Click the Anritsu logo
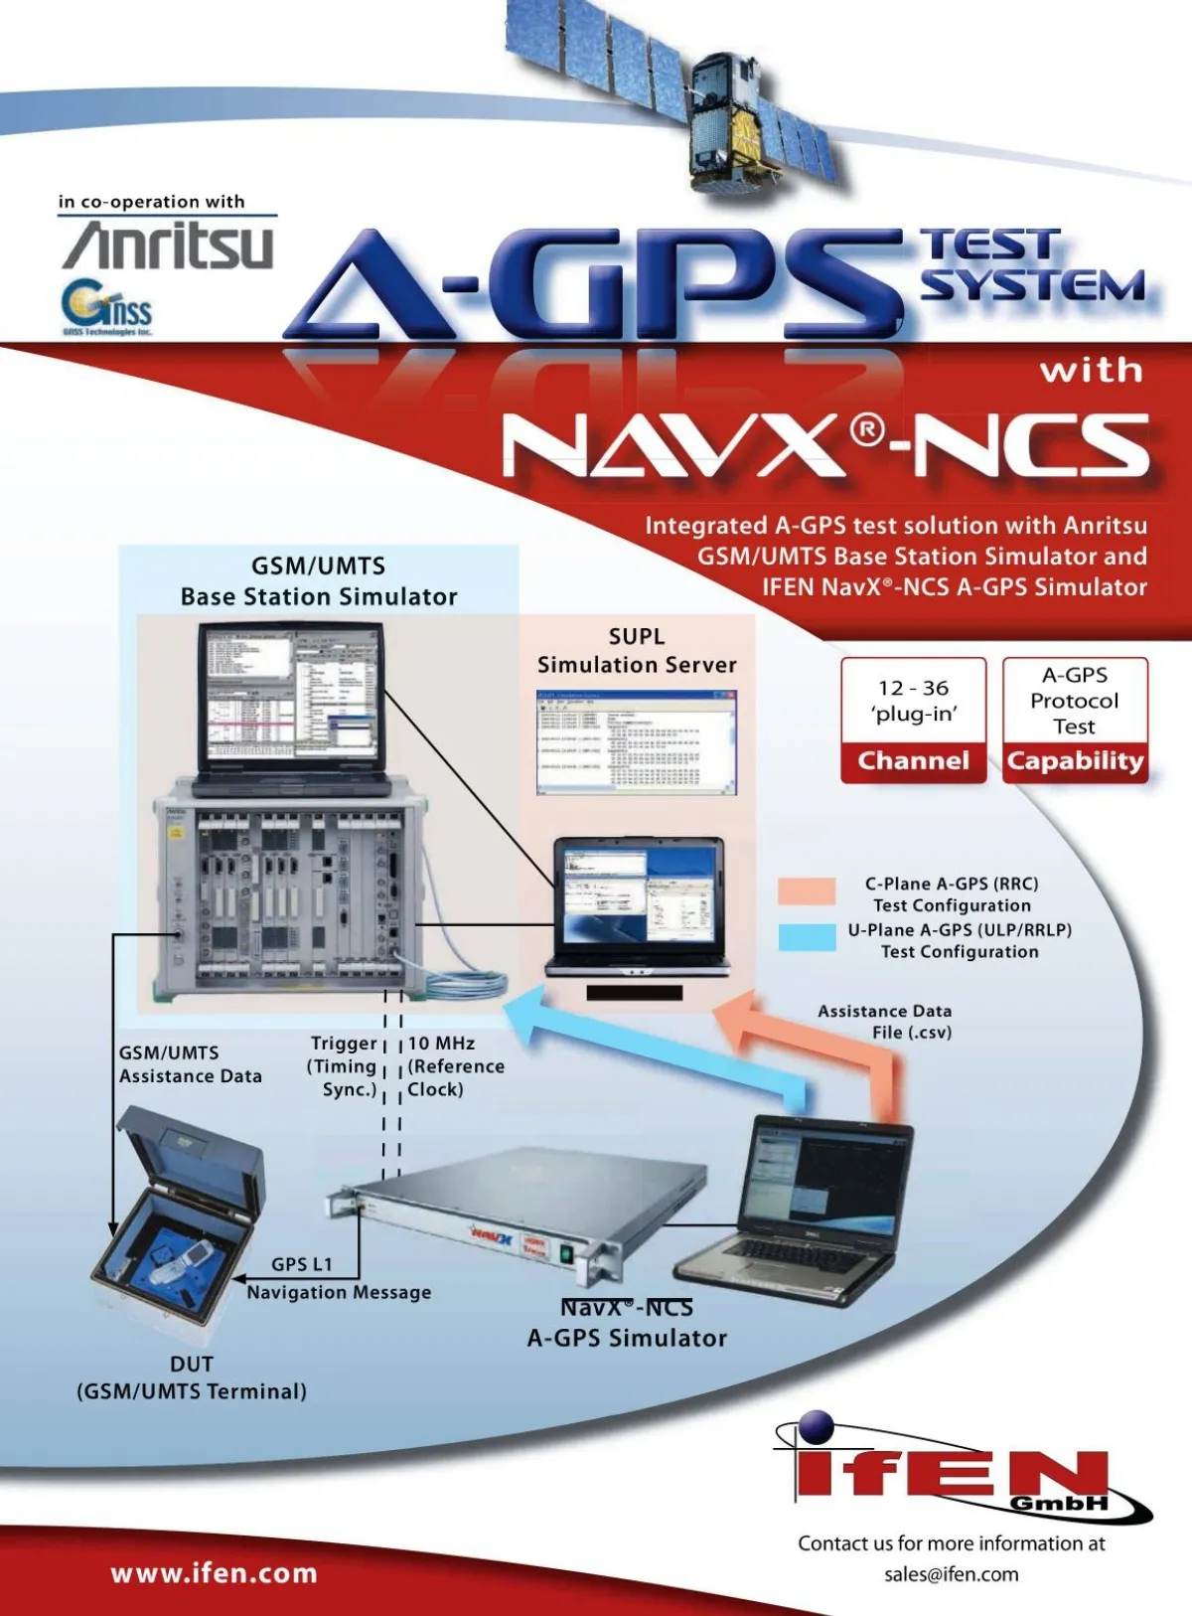(168, 245)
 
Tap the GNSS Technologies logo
(106, 308)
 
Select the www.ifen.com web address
(214, 1573)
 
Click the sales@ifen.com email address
(951, 1573)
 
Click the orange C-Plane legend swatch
(807, 890)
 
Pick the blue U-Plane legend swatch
(807, 937)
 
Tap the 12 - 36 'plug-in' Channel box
(913, 721)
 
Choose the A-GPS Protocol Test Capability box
(1075, 721)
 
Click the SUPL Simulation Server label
(637, 651)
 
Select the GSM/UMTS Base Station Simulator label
(319, 581)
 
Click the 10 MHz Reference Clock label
(455, 1066)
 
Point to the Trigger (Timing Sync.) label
(343, 1066)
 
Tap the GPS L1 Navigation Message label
(338, 1278)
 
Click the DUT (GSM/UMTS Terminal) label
(192, 1377)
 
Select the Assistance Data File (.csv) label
(884, 1022)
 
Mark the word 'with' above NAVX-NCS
(1091, 372)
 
